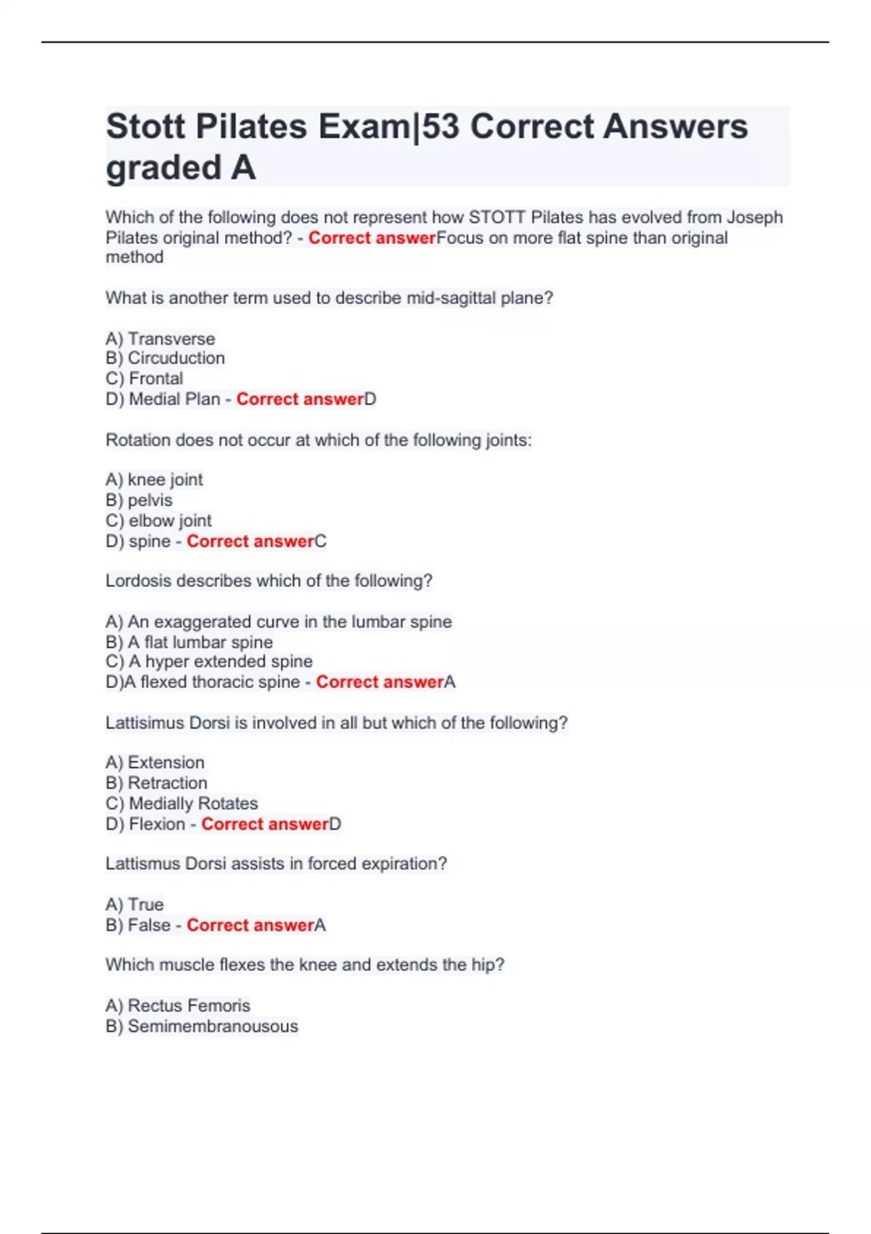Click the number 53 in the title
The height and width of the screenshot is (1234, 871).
pos(441,127)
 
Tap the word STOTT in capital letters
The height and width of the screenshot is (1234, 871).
pos(497,217)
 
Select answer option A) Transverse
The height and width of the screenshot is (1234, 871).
pos(160,339)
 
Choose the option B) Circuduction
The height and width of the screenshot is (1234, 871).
pos(165,358)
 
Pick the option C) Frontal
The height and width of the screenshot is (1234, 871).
pos(144,378)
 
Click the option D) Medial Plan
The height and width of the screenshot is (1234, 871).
pos(163,399)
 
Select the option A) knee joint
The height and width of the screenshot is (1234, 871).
pos(155,480)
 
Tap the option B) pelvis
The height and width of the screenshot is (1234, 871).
pos(139,500)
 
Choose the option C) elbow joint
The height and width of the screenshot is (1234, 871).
pos(159,520)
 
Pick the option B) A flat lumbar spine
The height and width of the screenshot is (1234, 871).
pos(189,642)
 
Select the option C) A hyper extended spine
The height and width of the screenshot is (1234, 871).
pos(209,661)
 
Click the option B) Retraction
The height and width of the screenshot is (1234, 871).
pos(157,783)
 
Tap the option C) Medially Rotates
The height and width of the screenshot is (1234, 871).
pos(182,804)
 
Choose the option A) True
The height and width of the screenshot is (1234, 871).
pos(135,904)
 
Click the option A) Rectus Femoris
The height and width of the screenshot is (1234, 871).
pos(178,1005)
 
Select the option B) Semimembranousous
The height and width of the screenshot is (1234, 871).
pos(202,1026)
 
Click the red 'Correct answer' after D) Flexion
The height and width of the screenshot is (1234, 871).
pos(265,824)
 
